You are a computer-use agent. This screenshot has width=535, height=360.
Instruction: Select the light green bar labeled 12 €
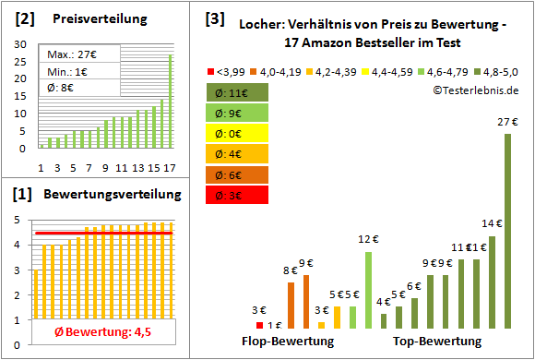point(368,291)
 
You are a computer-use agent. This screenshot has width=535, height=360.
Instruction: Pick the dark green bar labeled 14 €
point(493,282)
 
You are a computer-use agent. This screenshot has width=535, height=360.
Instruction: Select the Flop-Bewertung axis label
point(288,342)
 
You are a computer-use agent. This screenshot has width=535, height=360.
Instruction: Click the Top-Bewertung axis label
point(437,342)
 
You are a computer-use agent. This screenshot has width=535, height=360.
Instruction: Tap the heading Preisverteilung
point(97,18)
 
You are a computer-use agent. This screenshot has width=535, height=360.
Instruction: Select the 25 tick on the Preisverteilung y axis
point(20,61)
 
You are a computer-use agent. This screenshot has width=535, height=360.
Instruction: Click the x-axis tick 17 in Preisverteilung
point(169,168)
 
